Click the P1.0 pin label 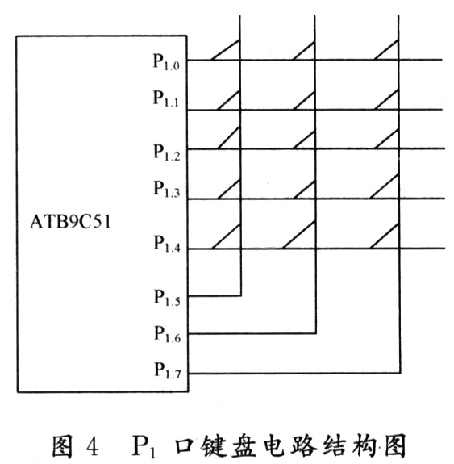(x=166, y=62)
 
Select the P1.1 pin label (x=165, y=98)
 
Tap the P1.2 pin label (x=166, y=153)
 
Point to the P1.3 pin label (x=166, y=189)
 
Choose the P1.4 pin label (x=167, y=244)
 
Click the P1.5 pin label (x=167, y=298)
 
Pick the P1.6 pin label (x=168, y=334)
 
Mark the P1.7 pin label (x=168, y=370)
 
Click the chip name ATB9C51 (x=70, y=222)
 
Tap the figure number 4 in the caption (x=92, y=446)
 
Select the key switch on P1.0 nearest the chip (x=225, y=50)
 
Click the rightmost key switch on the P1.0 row (x=386, y=50)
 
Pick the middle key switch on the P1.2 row (x=304, y=139)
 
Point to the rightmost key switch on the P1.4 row (x=385, y=236)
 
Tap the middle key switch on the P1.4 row (x=298, y=235)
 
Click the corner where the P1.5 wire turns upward (x=241, y=295)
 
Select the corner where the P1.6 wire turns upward (x=316, y=333)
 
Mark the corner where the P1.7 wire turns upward (x=400, y=373)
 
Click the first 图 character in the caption (x=62, y=446)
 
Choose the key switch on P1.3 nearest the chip (x=229, y=189)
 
